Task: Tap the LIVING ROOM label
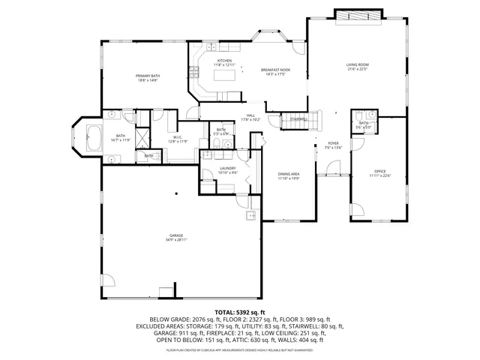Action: coord(357,64)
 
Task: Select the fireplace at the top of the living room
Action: coord(357,16)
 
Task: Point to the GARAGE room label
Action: coord(175,236)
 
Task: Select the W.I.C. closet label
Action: coord(178,136)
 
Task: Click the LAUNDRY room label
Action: coord(227,169)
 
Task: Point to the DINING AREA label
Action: coord(289,174)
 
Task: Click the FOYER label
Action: coord(333,143)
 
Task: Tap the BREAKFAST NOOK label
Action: coord(275,70)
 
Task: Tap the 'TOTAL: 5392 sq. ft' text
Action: coord(240,311)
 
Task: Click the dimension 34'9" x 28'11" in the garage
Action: coord(175,241)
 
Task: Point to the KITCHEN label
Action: coord(224,61)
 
